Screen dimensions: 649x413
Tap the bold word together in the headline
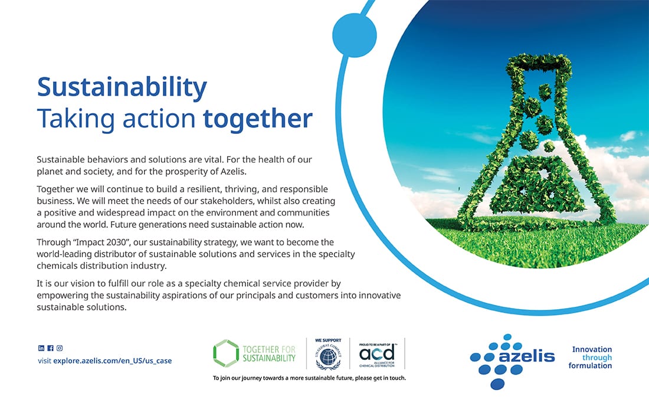[257, 119]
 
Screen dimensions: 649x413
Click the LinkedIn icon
[41, 349]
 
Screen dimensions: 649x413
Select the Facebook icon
[50, 349]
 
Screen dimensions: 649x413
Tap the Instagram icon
[60, 349]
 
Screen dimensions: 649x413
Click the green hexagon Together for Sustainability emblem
[226, 353]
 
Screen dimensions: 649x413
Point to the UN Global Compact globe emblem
[328, 356]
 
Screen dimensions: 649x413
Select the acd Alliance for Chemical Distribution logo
[376, 355]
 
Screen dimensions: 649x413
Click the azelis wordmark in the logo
[527, 356]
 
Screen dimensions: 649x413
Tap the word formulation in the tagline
[590, 366]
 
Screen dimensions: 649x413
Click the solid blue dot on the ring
[355, 35]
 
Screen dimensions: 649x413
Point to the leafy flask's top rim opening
[538, 64]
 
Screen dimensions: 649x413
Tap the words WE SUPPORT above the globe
[328, 340]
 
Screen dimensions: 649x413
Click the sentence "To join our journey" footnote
[309, 378]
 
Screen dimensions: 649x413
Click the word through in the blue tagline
[597, 358]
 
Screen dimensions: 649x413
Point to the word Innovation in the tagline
[592, 349]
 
